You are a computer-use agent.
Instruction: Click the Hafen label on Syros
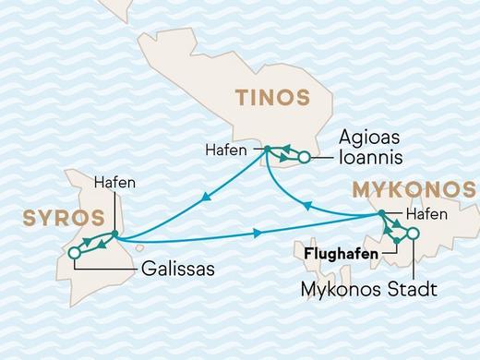(115, 182)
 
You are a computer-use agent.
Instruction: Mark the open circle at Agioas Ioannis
(304, 159)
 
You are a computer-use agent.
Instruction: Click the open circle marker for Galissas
(72, 252)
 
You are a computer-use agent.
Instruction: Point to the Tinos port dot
(267, 149)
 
